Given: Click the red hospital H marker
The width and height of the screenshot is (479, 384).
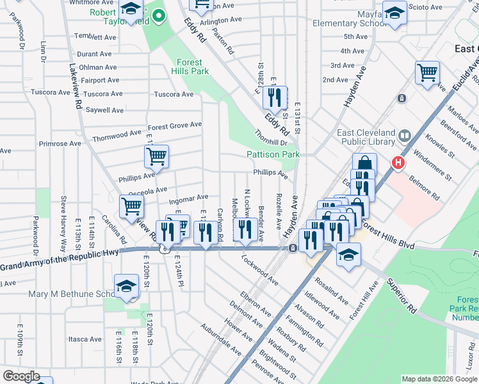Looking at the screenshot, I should (x=398, y=164).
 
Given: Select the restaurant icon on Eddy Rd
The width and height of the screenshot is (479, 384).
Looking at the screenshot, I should (x=275, y=98).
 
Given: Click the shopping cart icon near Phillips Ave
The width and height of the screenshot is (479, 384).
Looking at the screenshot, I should (x=156, y=156).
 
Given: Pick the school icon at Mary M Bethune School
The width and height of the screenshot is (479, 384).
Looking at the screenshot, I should (x=126, y=286).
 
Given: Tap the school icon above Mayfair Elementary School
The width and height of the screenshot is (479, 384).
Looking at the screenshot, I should (x=394, y=13).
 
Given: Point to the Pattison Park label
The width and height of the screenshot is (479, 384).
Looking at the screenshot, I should (x=273, y=154).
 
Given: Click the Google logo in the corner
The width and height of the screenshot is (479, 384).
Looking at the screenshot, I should (x=22, y=376).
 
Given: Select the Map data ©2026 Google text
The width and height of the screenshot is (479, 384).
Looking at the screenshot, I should (x=438, y=379).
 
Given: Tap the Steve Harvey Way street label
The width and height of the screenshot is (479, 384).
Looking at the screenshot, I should (x=63, y=224).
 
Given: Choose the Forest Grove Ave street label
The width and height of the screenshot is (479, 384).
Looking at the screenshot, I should (x=175, y=125).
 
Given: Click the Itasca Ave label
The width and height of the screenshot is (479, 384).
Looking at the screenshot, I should (x=85, y=339).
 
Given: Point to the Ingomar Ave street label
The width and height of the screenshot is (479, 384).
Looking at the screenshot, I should (x=188, y=197).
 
